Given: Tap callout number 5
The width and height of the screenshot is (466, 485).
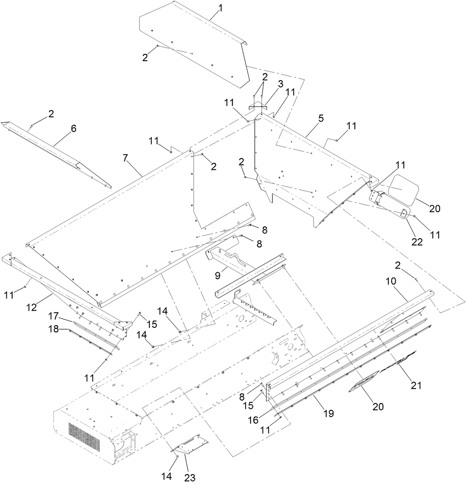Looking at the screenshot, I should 321,119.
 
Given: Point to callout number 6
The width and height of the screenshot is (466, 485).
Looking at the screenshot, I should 73,129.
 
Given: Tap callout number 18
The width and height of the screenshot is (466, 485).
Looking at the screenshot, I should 54,329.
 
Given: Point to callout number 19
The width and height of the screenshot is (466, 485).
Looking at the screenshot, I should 329,413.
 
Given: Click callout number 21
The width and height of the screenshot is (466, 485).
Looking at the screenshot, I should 416,385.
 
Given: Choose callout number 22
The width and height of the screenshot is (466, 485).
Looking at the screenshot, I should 417,242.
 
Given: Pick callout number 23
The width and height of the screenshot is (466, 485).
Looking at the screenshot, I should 190,477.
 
